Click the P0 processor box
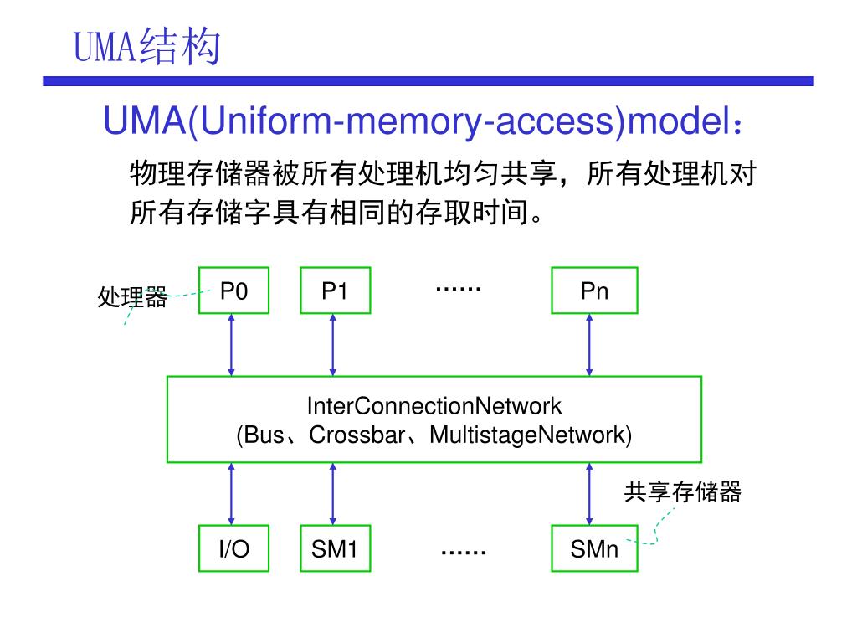[x=234, y=291]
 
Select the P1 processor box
[x=336, y=291]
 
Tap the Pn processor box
[x=595, y=291]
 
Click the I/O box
[x=234, y=548]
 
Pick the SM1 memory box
[x=336, y=548]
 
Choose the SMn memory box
[x=595, y=548]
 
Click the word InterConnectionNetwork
[x=434, y=406]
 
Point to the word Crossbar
[x=357, y=435]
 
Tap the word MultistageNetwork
[x=527, y=435]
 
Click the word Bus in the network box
[x=264, y=435]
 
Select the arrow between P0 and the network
[x=231, y=345]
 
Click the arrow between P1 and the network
[x=333, y=345]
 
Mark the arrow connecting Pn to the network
[x=589, y=345]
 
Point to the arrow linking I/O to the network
[x=231, y=494]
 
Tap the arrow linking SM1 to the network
[x=333, y=494]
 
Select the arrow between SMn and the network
[x=589, y=494]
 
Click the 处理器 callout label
[x=132, y=297]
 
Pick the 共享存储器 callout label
[x=683, y=491]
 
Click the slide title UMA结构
[x=147, y=47]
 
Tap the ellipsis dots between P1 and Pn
[x=459, y=288]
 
